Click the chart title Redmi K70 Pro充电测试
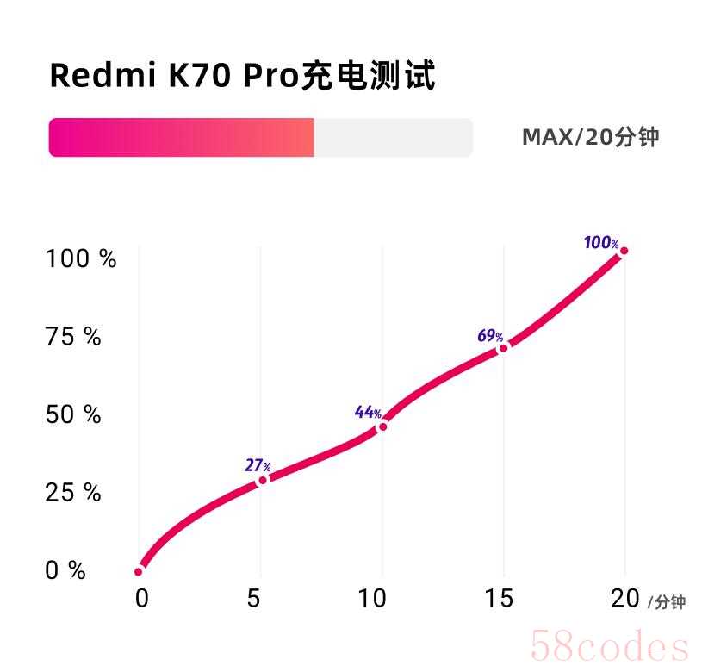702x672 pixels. tap(242, 76)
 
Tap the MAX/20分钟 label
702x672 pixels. tap(590, 137)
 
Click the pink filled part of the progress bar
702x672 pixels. tap(181, 138)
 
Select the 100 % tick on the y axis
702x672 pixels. tap(80, 258)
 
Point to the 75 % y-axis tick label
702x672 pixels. tap(73, 337)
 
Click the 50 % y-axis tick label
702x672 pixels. tap(73, 414)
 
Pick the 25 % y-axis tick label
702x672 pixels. tap(73, 493)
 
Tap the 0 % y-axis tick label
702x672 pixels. tap(65, 570)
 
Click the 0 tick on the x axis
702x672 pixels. tap(141, 599)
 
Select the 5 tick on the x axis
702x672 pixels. tap(254, 599)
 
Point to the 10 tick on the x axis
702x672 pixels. tap(372, 599)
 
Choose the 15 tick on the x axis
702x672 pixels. tap(499, 599)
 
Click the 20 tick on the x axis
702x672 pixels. tap(625, 598)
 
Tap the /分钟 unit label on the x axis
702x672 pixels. tap(667, 602)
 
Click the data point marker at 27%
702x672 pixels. tap(263, 480)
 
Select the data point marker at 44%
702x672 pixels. tap(382, 426)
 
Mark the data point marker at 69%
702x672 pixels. tap(503, 347)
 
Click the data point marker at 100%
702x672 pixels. tap(623, 251)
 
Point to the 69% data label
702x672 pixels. tap(490, 336)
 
